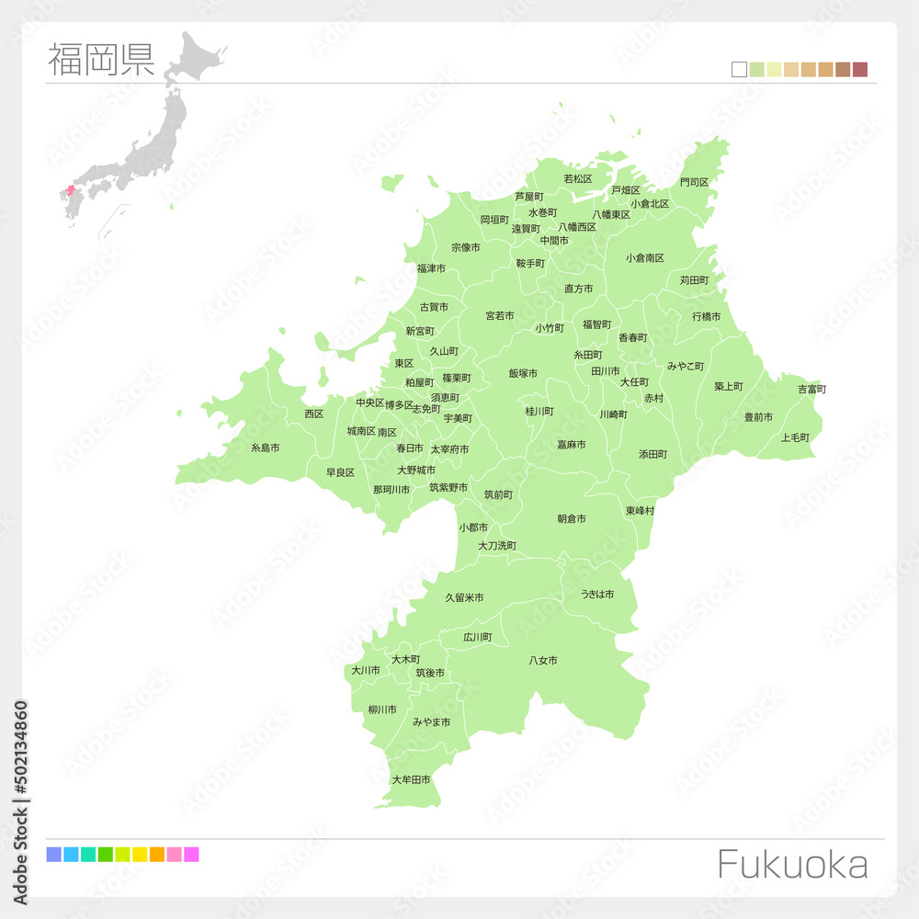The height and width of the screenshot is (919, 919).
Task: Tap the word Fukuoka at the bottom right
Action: point(791,865)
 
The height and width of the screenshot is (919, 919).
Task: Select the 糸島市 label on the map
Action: point(265,448)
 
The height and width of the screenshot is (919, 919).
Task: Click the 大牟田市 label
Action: point(411,780)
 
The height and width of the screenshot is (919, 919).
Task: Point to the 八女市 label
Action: point(543,661)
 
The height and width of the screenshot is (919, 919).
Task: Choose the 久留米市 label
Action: point(464,598)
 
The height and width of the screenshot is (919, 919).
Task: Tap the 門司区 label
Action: point(694,183)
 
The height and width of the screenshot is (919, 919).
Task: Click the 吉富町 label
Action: point(811,390)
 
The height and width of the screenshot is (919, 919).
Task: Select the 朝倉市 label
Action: point(572,519)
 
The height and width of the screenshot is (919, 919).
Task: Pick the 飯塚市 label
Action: point(523,374)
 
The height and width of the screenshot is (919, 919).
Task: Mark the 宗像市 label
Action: point(465,248)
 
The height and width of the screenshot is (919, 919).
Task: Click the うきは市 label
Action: point(596,595)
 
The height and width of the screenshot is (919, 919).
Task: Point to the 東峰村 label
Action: point(640,511)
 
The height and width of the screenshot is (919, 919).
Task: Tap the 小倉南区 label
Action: point(645,258)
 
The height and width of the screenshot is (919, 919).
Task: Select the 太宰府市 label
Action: point(449,450)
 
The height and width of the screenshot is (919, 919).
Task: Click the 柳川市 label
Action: point(382,709)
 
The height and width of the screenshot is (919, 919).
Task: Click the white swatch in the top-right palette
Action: point(739,69)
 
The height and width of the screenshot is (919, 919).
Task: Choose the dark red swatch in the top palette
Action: point(860,69)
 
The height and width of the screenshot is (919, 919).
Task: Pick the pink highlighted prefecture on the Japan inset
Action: point(71,190)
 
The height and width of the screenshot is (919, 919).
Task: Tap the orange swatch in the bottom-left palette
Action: point(156,855)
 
